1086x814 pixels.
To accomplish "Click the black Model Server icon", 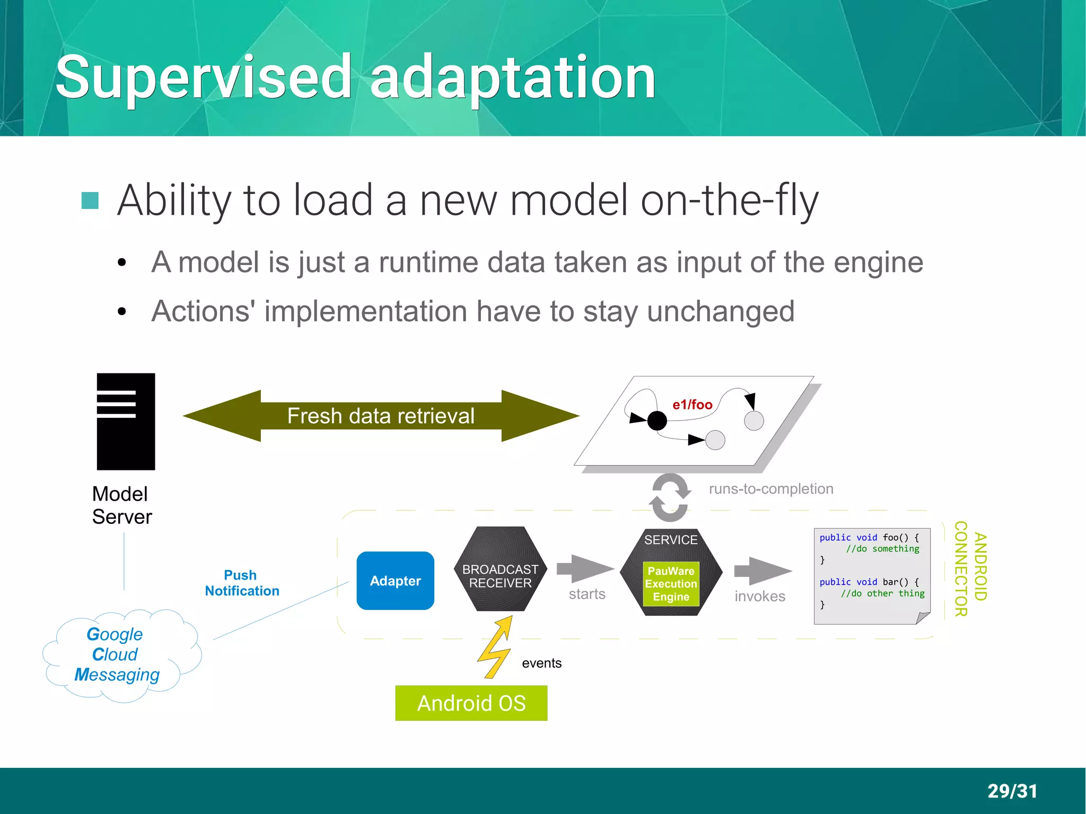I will tap(126, 422).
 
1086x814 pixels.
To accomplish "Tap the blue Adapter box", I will tap(395, 581).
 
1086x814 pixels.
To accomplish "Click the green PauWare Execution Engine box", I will tap(671, 584).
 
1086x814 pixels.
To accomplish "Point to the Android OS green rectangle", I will tap(471, 703).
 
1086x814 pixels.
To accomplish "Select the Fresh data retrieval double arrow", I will tap(381, 416).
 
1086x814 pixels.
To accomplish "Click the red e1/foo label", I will tap(692, 405).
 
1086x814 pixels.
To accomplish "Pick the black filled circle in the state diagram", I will tap(657, 421).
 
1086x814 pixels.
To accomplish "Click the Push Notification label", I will tap(242, 583).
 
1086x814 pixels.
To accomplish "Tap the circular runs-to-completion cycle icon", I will tap(670, 497).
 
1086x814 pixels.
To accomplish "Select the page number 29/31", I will tap(1012, 791).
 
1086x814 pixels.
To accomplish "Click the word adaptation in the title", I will tap(512, 78).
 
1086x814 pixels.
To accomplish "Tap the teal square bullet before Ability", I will tap(90, 200).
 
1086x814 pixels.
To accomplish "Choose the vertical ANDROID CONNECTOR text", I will tap(970, 568).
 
